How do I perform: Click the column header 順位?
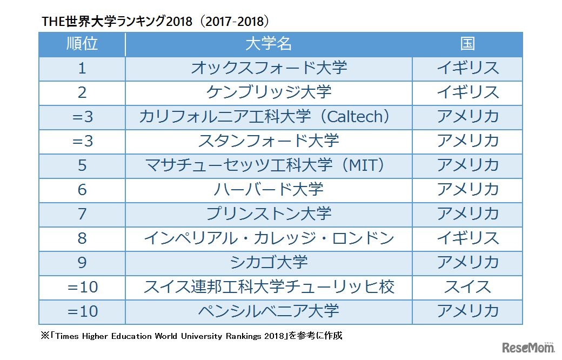pos(82,44)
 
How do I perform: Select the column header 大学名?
pos(269,44)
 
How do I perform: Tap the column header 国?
pos(467,44)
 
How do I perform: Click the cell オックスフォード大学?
pos(269,68)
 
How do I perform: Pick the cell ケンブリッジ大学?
pos(269,92)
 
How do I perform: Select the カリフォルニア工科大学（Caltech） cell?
pos(269,117)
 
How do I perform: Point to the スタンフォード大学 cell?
pos(269,141)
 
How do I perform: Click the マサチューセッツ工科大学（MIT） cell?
pos(269,165)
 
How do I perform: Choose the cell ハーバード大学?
pos(269,190)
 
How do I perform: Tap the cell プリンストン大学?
pos(269,214)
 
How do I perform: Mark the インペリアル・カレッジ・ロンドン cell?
pos(269,238)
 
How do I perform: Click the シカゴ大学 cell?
pos(269,263)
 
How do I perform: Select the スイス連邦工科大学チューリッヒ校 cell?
pos(269,287)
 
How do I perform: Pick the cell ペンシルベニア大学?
pos(269,311)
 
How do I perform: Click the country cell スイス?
pos(467,287)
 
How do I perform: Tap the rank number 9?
pos(82,263)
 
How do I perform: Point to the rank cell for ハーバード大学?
pos(82,190)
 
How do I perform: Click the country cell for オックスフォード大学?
pos(467,68)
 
